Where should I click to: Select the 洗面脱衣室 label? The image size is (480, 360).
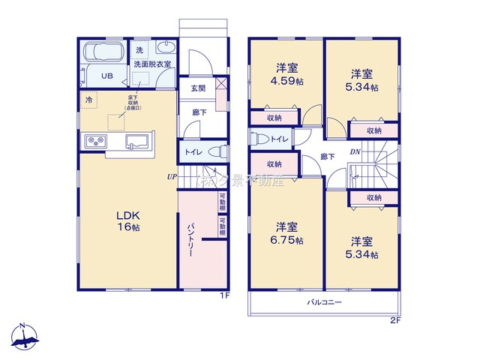tap(153, 65)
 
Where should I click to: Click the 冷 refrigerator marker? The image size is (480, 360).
tap(89, 99)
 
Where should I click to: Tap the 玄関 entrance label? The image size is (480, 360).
tap(198, 88)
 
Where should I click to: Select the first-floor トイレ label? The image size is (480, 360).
tap(191, 151)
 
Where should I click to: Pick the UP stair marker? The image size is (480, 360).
tap(172, 177)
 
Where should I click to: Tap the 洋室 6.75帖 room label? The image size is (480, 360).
tap(288, 233)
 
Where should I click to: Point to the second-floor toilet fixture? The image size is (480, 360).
tap(259, 138)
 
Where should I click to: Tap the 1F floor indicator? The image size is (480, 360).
tap(222, 295)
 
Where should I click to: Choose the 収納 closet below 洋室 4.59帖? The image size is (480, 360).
tap(274, 118)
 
